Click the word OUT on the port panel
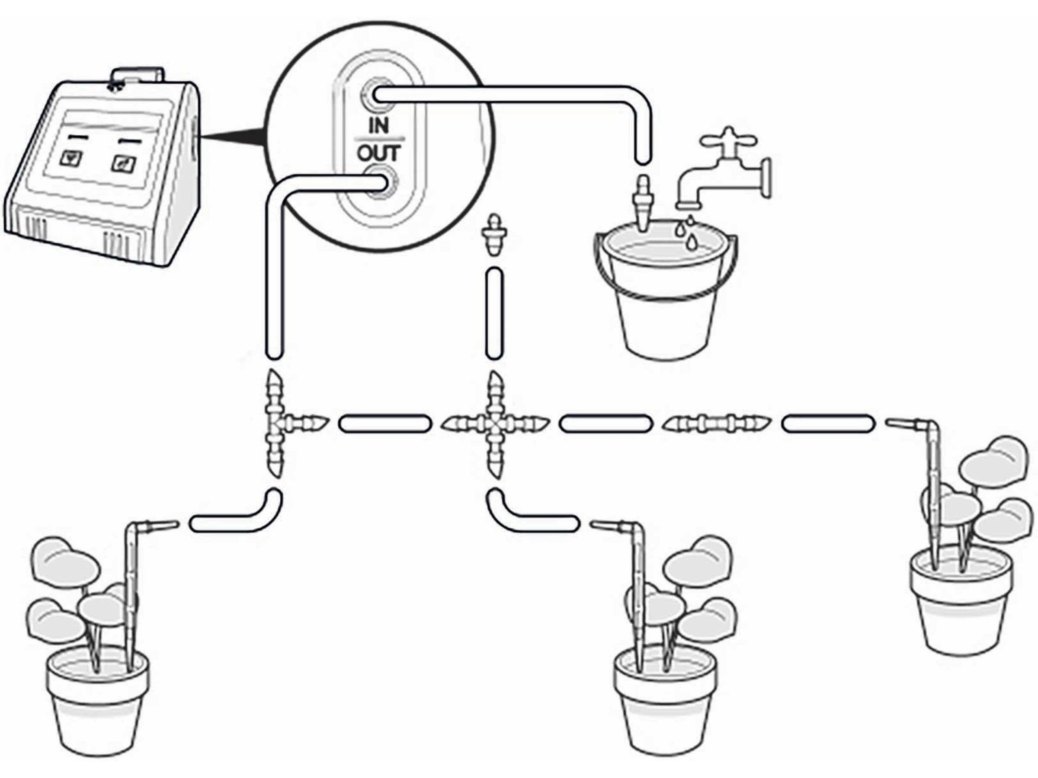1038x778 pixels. pos(379,153)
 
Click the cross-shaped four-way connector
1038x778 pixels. pos(494,424)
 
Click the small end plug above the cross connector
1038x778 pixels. pos(493,234)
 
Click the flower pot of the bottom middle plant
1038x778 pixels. pos(666,703)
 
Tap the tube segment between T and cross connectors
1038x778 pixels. pos(385,424)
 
